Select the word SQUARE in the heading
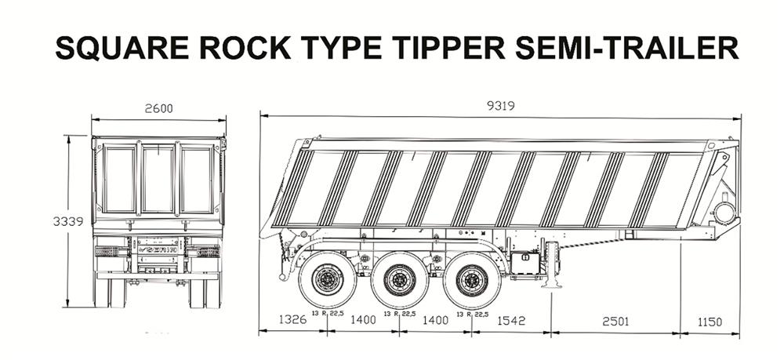pos(123,49)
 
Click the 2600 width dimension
pos(158,108)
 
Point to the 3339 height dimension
pos(68,222)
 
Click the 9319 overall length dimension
pos(500,107)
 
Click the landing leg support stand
pos(554,267)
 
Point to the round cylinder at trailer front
pos(724,212)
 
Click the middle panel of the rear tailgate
pos(158,179)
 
